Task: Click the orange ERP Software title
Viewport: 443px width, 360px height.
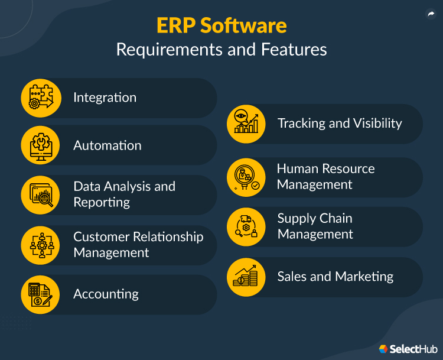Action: pyautogui.click(x=221, y=26)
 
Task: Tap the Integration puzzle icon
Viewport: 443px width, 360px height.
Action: pyautogui.click(x=41, y=98)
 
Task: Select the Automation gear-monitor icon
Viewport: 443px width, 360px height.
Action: pyautogui.click(x=41, y=145)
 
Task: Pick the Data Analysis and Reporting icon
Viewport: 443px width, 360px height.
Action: pyautogui.click(x=41, y=194)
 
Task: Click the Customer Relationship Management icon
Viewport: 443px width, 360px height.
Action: pyautogui.click(x=41, y=245)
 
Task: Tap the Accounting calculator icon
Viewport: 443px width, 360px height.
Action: pyautogui.click(x=41, y=294)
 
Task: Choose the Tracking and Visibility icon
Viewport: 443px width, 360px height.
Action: pyautogui.click(x=247, y=124)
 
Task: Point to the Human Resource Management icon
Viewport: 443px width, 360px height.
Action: pyautogui.click(x=247, y=177)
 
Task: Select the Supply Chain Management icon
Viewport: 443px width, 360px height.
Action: pyautogui.click(x=247, y=227)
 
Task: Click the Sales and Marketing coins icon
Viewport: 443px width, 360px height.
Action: pyautogui.click(x=247, y=277)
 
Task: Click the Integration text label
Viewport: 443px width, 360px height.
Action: pyautogui.click(x=105, y=98)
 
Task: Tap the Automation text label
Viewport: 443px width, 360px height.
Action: pyautogui.click(x=107, y=145)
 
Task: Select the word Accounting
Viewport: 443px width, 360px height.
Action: pyautogui.click(x=106, y=294)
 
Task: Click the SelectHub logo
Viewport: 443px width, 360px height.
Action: pyautogui.click(x=407, y=349)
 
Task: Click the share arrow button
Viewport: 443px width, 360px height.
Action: pyautogui.click(x=431, y=15)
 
